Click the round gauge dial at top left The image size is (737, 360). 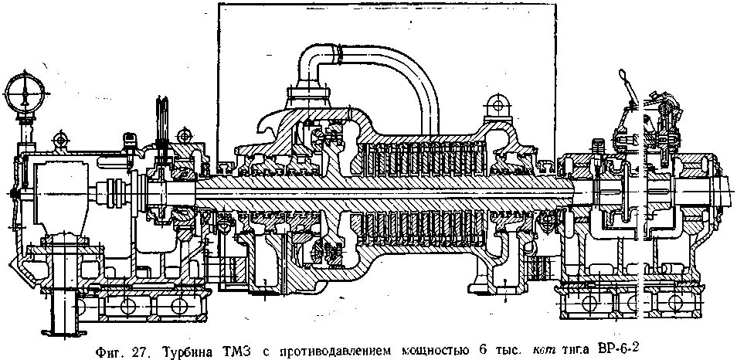tap(25, 91)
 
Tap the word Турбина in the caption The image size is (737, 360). tap(185, 350)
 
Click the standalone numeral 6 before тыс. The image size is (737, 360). tap(482, 350)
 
